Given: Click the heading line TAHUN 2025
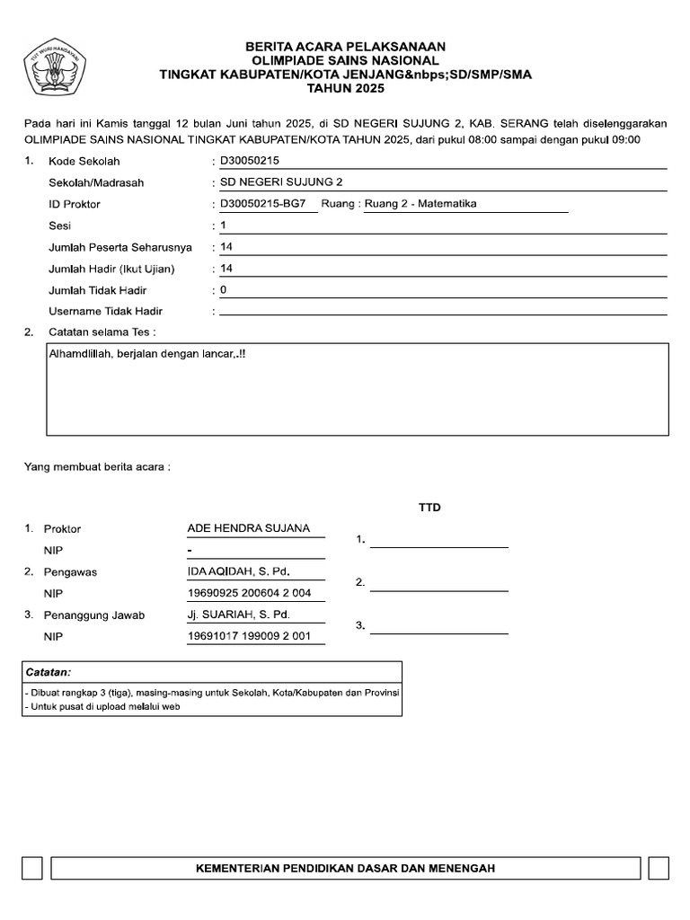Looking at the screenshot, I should click(345, 89).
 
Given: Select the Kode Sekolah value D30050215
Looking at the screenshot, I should click(243, 161).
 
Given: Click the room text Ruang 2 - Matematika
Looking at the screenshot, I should click(419, 204).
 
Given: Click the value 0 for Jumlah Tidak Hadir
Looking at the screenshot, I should click(224, 290).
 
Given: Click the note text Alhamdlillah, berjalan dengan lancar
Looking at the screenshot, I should click(147, 355).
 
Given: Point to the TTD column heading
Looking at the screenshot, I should click(429, 508).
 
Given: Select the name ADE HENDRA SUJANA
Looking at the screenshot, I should click(248, 528).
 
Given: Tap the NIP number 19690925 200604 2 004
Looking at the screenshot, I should click(249, 594).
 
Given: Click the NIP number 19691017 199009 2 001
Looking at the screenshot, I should click(249, 637).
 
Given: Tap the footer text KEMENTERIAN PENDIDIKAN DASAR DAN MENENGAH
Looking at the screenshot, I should click(345, 869).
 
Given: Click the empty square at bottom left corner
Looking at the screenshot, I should click(31, 869).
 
